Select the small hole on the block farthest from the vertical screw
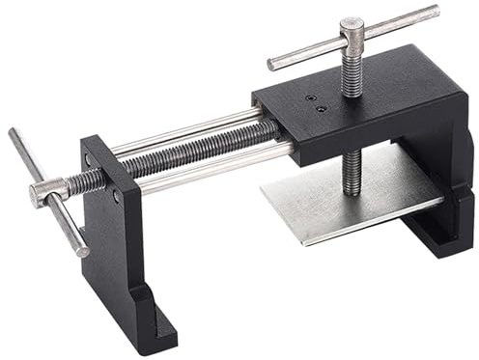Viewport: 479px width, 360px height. tap(309, 97)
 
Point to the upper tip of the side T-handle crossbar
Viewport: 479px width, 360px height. tap(14, 133)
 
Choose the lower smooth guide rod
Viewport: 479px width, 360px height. tap(203, 170)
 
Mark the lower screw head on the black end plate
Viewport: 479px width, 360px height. tap(117, 196)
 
